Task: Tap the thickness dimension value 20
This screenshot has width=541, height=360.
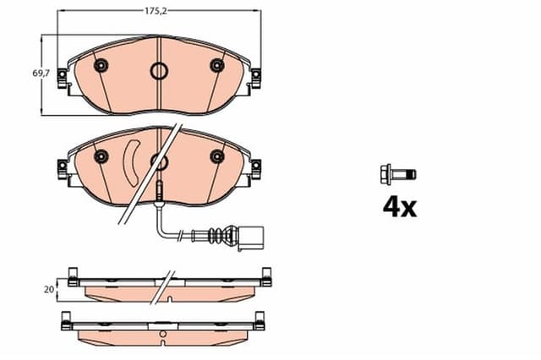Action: click(51, 289)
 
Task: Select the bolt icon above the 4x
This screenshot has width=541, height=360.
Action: click(397, 175)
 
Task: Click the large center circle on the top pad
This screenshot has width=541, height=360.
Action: click(158, 72)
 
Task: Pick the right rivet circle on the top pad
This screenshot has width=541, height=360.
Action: click(216, 66)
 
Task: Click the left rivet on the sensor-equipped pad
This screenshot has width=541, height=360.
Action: click(101, 156)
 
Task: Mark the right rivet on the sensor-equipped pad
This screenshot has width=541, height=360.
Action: click(216, 155)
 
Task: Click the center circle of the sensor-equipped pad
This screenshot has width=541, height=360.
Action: click(157, 161)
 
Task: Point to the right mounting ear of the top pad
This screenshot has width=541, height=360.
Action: click(254, 77)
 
